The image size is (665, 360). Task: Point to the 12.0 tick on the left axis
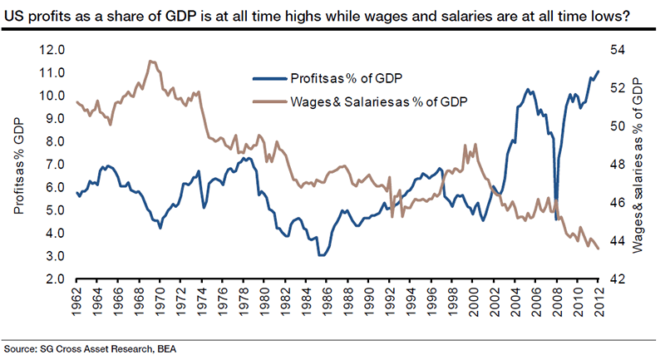point(52,50)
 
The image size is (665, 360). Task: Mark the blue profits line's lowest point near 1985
point(322,255)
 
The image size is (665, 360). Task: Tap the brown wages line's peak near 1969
point(149,61)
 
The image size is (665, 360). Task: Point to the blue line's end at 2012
point(599,72)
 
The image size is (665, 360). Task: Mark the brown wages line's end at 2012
point(599,248)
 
